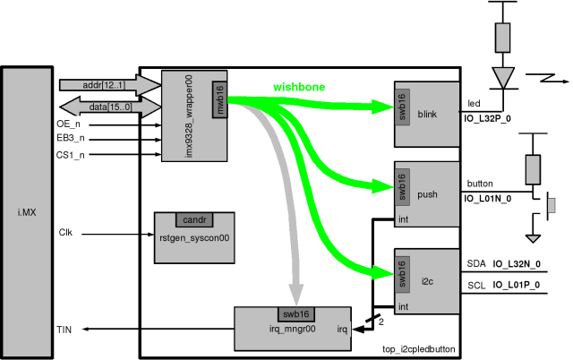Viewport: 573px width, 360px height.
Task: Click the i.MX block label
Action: click(27, 211)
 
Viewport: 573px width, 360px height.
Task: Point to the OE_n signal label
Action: click(69, 124)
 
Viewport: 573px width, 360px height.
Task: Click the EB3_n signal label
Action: click(71, 139)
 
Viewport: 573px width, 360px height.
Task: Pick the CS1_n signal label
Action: click(71, 154)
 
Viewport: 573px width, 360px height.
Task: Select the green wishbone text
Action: click(299, 88)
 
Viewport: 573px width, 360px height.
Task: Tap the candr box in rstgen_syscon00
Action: click(194, 219)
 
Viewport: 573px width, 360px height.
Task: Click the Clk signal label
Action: click(65, 233)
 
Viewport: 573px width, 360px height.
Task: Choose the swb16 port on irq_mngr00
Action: click(295, 313)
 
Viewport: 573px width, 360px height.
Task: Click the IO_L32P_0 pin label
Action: click(487, 118)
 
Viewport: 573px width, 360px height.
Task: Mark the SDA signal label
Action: click(477, 263)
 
